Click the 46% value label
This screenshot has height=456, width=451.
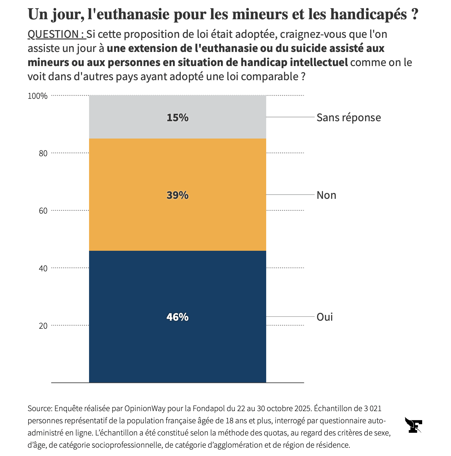(x=177, y=317)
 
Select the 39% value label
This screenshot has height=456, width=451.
(x=177, y=195)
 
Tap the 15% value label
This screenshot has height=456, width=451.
(x=177, y=118)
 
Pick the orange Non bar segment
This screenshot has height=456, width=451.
(x=177, y=224)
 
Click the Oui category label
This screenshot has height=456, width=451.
(x=324, y=317)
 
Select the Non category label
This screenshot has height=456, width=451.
(x=326, y=195)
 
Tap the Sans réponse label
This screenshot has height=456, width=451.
(x=348, y=118)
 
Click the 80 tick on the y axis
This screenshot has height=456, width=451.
(x=43, y=153)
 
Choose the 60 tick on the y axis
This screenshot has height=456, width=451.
(x=43, y=211)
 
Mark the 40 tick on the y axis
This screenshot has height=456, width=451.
(x=43, y=268)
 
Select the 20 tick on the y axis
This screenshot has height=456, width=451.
(x=43, y=325)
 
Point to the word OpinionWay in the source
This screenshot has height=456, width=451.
(x=145, y=409)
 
